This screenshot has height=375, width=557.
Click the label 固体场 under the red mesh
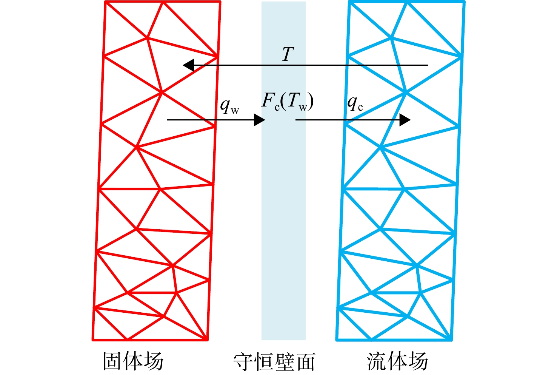pos(133,361)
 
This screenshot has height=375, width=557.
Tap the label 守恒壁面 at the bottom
pos(274,361)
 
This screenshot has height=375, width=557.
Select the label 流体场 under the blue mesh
pos(397,361)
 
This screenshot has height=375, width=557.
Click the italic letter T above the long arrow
pos(288,54)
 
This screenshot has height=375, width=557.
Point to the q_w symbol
pos(229,106)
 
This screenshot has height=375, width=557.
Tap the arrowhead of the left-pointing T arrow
pos(188,65)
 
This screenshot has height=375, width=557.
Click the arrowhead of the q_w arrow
pos(259,120)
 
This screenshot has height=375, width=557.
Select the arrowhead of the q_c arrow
pos(405,120)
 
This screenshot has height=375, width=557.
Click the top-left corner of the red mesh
pos(106,2)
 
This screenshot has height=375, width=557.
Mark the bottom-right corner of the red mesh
pos(207,340)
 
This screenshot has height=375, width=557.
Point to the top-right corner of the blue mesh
pos(464,2)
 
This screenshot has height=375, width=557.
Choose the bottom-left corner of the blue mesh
pos(337,340)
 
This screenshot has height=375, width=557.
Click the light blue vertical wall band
pos(283,171)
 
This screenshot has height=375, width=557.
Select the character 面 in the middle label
pos(306,362)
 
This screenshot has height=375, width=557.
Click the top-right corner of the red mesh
pos(220,2)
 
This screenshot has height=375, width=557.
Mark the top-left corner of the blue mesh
pos(349,2)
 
